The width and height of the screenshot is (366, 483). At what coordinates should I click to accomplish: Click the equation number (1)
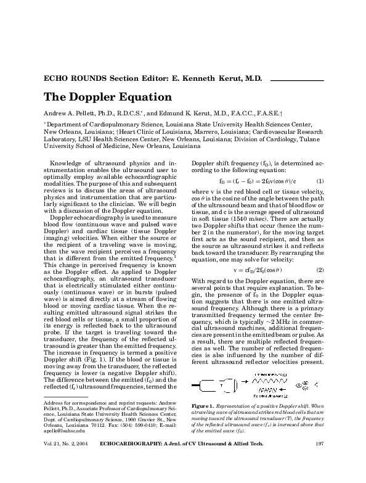point(320,181)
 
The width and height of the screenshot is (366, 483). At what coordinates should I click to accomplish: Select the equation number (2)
point(320,253)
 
